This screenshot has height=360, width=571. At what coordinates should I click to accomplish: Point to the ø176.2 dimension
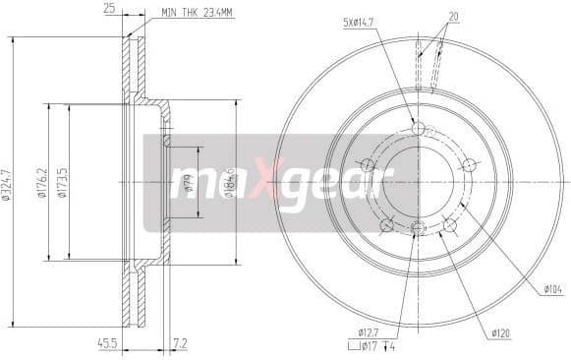[43, 182]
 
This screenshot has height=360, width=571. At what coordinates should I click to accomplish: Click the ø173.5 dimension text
[63, 182]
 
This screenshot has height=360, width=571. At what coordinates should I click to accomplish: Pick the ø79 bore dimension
[188, 182]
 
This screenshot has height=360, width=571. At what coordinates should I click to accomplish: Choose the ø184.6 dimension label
[227, 182]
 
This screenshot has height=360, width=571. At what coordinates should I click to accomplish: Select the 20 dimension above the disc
[453, 17]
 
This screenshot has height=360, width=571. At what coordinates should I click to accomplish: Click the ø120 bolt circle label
[501, 333]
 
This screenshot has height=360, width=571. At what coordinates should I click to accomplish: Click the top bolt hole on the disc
[418, 129]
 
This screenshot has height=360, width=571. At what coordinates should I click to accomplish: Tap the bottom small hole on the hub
[418, 230]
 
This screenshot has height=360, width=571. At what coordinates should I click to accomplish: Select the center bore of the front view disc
[418, 182]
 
